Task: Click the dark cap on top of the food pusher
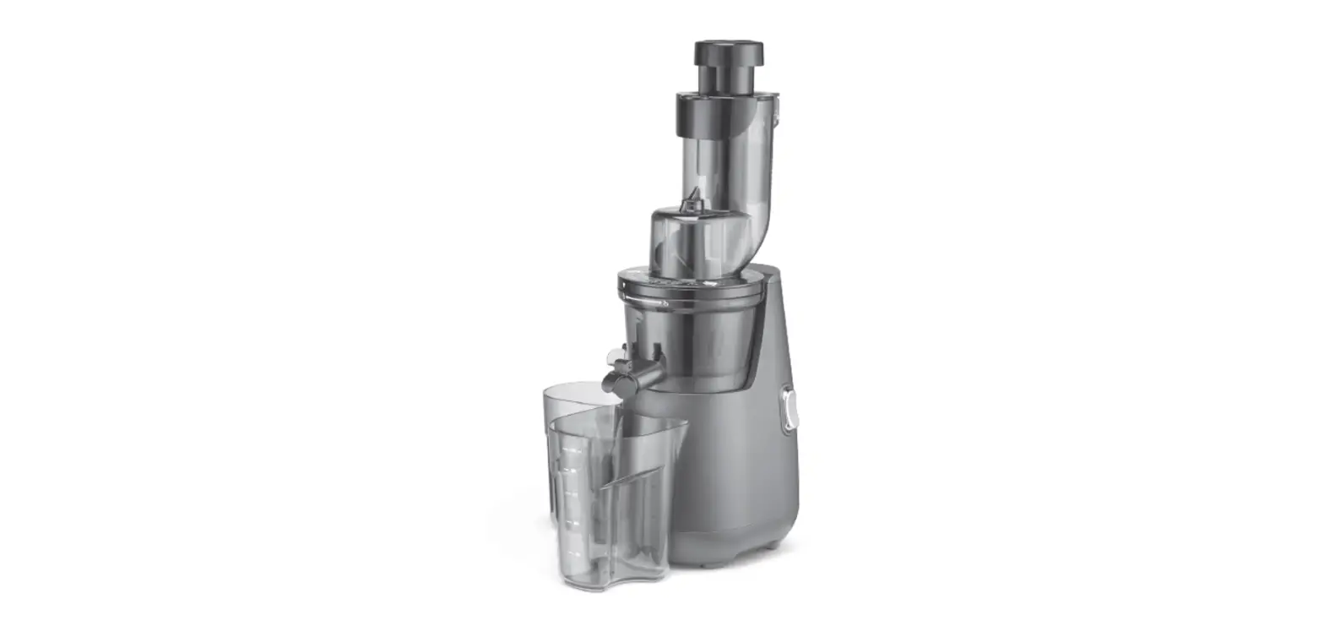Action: (728, 52)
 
